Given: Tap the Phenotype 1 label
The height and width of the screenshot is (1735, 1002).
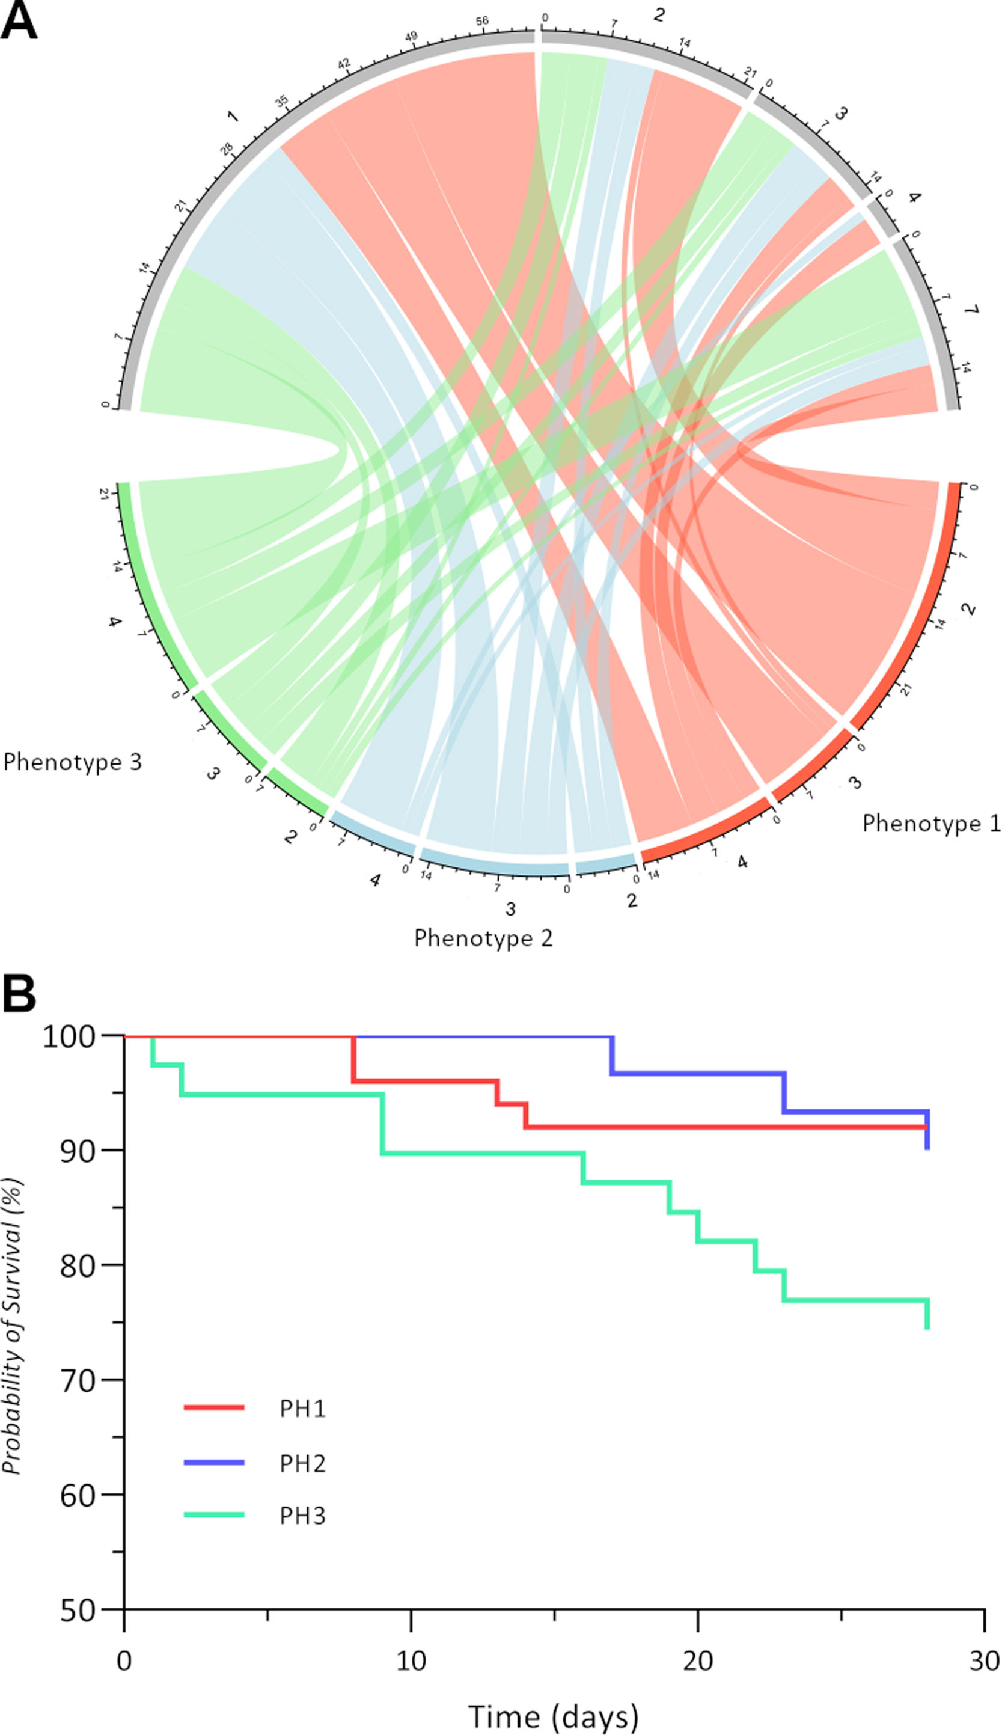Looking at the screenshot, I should pos(931,824).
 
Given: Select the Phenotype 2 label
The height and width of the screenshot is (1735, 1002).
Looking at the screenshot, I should pos(483,938).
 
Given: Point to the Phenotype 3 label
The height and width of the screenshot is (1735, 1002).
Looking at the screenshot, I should pos(72,762).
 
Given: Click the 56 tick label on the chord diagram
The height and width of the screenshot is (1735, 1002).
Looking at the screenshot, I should pos(481,21).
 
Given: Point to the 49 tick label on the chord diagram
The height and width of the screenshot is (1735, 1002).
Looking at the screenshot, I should pos(411,37).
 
